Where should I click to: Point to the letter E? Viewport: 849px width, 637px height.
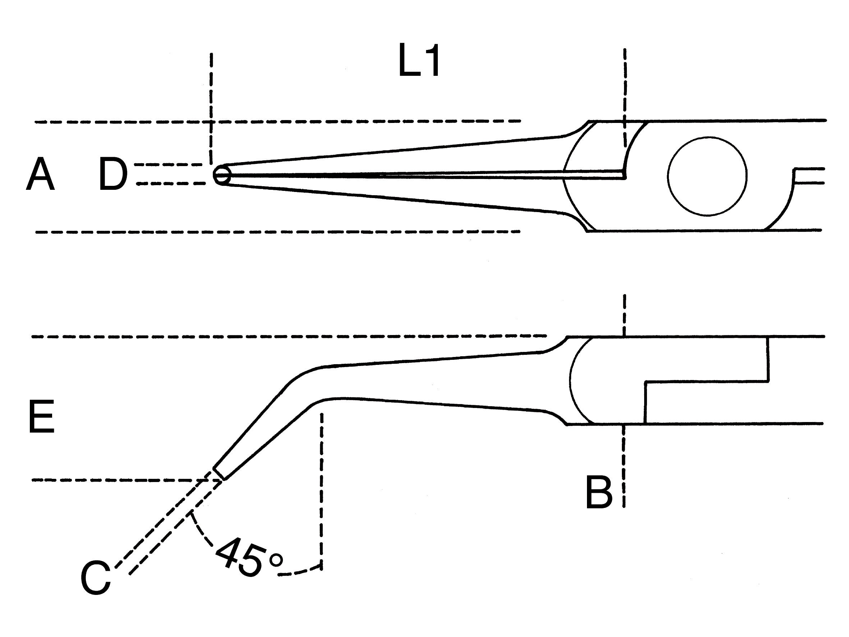click(41, 417)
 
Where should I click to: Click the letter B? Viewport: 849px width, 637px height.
click(599, 492)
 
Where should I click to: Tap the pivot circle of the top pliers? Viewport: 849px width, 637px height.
click(707, 176)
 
